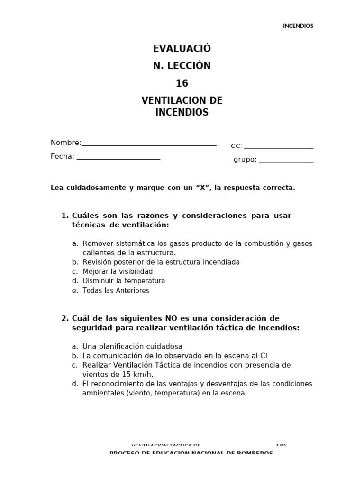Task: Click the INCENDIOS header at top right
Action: point(298,26)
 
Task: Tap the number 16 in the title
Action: point(182,84)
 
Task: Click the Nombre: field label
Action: point(66,143)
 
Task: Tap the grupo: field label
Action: point(245,160)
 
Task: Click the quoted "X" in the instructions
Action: point(203,188)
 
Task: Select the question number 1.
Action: point(65,216)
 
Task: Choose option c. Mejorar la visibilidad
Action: point(117,271)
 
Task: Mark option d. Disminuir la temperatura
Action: point(123,281)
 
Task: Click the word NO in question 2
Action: point(171,318)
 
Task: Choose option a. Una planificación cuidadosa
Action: point(132,346)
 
